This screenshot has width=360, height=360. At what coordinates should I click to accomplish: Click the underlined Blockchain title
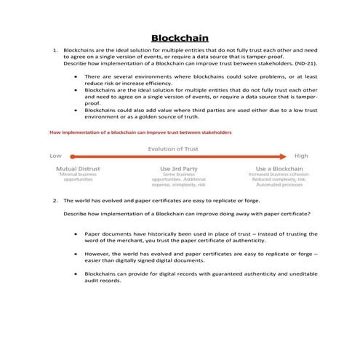(180, 37)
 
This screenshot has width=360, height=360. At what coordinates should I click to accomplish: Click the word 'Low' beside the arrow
(55, 156)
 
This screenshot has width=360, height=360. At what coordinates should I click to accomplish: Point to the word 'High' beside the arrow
(301, 156)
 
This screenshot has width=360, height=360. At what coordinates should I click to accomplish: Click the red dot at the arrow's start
(72, 156)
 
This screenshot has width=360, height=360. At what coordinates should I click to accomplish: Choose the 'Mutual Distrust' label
(78, 168)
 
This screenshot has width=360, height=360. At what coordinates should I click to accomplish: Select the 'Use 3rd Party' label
(179, 168)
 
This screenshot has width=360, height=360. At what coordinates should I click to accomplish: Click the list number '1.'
(55, 51)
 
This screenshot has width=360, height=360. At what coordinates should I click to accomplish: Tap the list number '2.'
(55, 200)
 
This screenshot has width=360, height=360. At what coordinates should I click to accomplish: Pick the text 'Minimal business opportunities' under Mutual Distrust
(78, 177)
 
